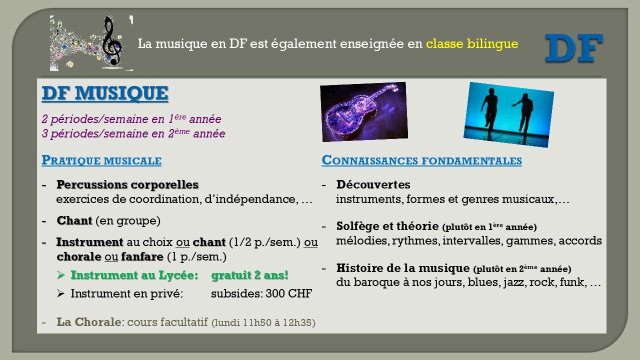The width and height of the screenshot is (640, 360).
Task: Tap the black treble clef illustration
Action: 112,40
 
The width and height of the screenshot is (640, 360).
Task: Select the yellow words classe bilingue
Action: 472,43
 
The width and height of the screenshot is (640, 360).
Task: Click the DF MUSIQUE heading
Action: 105,93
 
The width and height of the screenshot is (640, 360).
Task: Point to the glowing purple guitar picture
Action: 364,111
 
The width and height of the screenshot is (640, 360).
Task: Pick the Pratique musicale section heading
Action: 101,160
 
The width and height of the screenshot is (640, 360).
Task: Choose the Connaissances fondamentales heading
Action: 421,160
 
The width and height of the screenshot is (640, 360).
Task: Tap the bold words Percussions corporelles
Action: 127,184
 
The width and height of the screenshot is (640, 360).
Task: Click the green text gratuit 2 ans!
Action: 249,275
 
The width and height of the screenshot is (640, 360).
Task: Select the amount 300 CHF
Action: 288,293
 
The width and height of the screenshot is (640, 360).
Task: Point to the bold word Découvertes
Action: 373,184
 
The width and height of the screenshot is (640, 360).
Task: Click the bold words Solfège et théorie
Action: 387,226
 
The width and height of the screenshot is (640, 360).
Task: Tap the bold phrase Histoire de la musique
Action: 403,268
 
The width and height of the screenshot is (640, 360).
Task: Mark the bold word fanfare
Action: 142,256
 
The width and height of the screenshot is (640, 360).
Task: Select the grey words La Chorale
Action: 89,322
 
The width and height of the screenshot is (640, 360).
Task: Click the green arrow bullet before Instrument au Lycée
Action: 60,275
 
